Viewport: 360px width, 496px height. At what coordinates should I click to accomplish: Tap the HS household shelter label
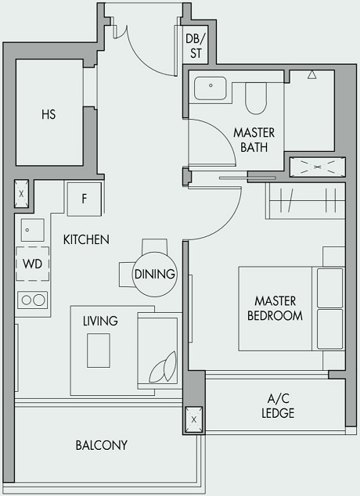pos(49,114)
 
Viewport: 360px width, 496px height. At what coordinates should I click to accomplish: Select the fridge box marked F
pos(84,199)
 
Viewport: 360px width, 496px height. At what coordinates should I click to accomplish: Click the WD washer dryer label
pos(32,263)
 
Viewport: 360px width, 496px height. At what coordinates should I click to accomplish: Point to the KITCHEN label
pos(86,239)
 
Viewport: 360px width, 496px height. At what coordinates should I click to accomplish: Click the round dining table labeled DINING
pos(154,275)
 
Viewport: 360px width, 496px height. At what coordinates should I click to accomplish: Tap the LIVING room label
pos(100,321)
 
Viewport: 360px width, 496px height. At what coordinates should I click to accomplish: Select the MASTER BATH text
pos(254,139)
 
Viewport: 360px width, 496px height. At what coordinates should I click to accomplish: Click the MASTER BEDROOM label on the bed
pos(275,308)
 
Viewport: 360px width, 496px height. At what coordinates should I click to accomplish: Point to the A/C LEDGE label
pos(278,406)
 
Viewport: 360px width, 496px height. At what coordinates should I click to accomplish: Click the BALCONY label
pos(101,445)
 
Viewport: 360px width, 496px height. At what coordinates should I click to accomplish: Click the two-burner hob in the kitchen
pos(32,299)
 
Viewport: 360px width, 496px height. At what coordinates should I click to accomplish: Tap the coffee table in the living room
pos(99,350)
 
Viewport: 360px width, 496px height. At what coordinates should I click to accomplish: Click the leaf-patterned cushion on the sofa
pos(162,365)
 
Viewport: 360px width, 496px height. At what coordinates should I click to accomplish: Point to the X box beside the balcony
pos(193,419)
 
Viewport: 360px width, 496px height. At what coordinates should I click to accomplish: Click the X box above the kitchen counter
pos(21,192)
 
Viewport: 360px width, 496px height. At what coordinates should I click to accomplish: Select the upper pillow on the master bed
pos(329,286)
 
